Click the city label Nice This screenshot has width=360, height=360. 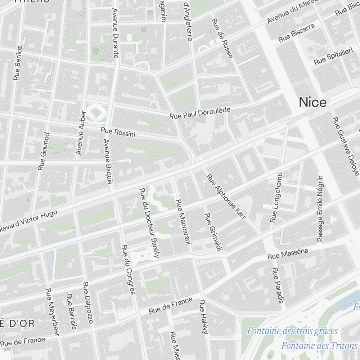point(313,103)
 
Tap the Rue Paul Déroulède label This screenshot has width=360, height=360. point(200,113)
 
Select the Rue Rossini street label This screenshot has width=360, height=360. point(118,132)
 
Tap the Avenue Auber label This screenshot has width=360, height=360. point(81,133)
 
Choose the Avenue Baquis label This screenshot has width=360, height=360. point(108,161)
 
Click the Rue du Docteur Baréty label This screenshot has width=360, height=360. point(149,223)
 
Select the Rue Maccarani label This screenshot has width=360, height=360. point(182,222)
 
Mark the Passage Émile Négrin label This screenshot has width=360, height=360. point(320,208)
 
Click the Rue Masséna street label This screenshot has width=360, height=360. point(288,254)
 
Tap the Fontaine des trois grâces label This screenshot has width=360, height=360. point(292,331)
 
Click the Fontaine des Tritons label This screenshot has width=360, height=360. point(319,346)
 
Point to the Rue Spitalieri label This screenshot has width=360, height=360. point(333,56)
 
